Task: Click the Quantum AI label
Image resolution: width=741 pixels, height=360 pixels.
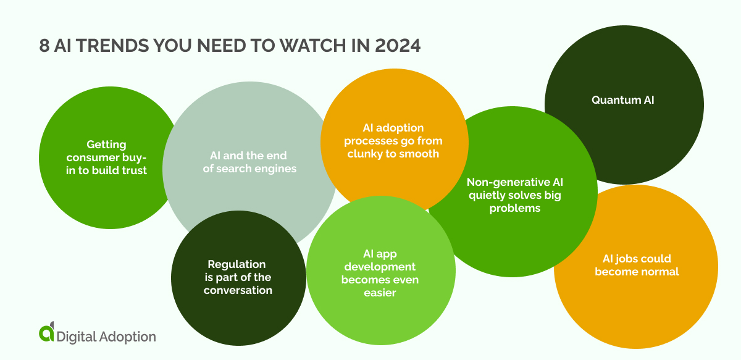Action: (x=622, y=99)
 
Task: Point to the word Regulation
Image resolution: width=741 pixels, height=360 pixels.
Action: (x=237, y=264)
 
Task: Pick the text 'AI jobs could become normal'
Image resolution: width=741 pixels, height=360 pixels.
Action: (x=637, y=265)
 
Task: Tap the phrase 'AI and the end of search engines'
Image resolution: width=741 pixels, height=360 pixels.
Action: (x=251, y=162)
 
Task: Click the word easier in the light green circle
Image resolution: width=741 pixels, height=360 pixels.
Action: (x=380, y=293)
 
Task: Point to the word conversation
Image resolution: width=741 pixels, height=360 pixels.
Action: (x=238, y=290)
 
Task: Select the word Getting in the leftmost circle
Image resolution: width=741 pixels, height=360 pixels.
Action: (x=106, y=144)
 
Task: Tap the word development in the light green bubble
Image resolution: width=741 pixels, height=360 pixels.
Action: (x=380, y=267)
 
